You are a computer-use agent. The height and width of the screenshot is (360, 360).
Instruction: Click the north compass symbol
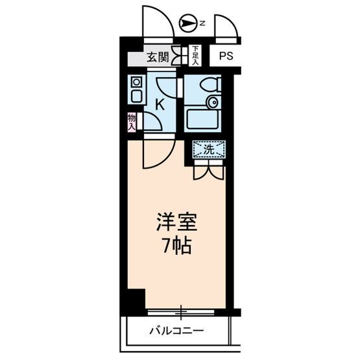[188, 24]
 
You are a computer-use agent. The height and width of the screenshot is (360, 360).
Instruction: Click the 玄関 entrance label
[156, 57]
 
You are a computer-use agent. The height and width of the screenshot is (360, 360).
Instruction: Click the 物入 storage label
[132, 121]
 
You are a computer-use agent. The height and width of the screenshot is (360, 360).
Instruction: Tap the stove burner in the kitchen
[136, 82]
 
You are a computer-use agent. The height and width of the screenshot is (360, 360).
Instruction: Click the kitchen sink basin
[136, 97]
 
